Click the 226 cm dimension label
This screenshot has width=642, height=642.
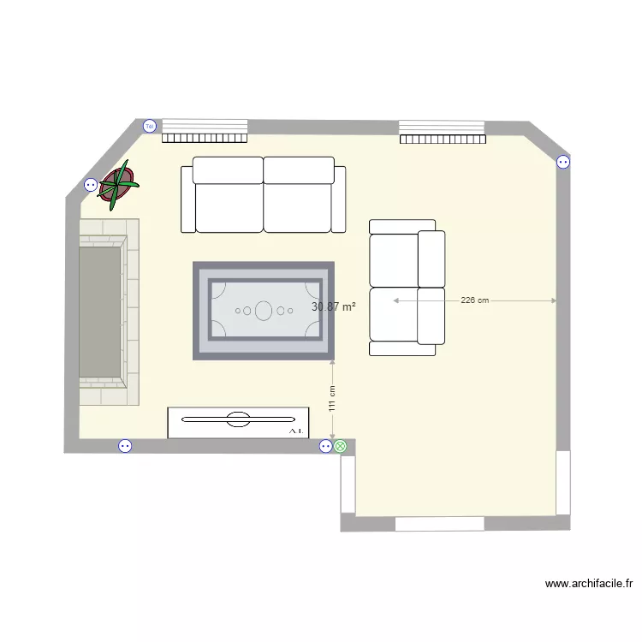tap(474, 300)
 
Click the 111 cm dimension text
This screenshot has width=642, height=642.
tap(332, 399)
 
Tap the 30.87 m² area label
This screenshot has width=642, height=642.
tap(334, 306)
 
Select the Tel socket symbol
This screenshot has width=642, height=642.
tap(150, 126)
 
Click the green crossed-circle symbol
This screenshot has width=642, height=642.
tap(341, 446)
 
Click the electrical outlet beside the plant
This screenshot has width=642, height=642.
tap(91, 184)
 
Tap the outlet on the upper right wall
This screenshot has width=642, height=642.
tap(563, 161)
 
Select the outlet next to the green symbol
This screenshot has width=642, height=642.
tap(325, 446)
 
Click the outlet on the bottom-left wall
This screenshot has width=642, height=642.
tap(125, 446)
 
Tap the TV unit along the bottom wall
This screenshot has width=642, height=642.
tap(238, 422)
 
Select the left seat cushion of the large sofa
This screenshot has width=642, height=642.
tap(228, 207)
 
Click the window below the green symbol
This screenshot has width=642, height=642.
tap(348, 484)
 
